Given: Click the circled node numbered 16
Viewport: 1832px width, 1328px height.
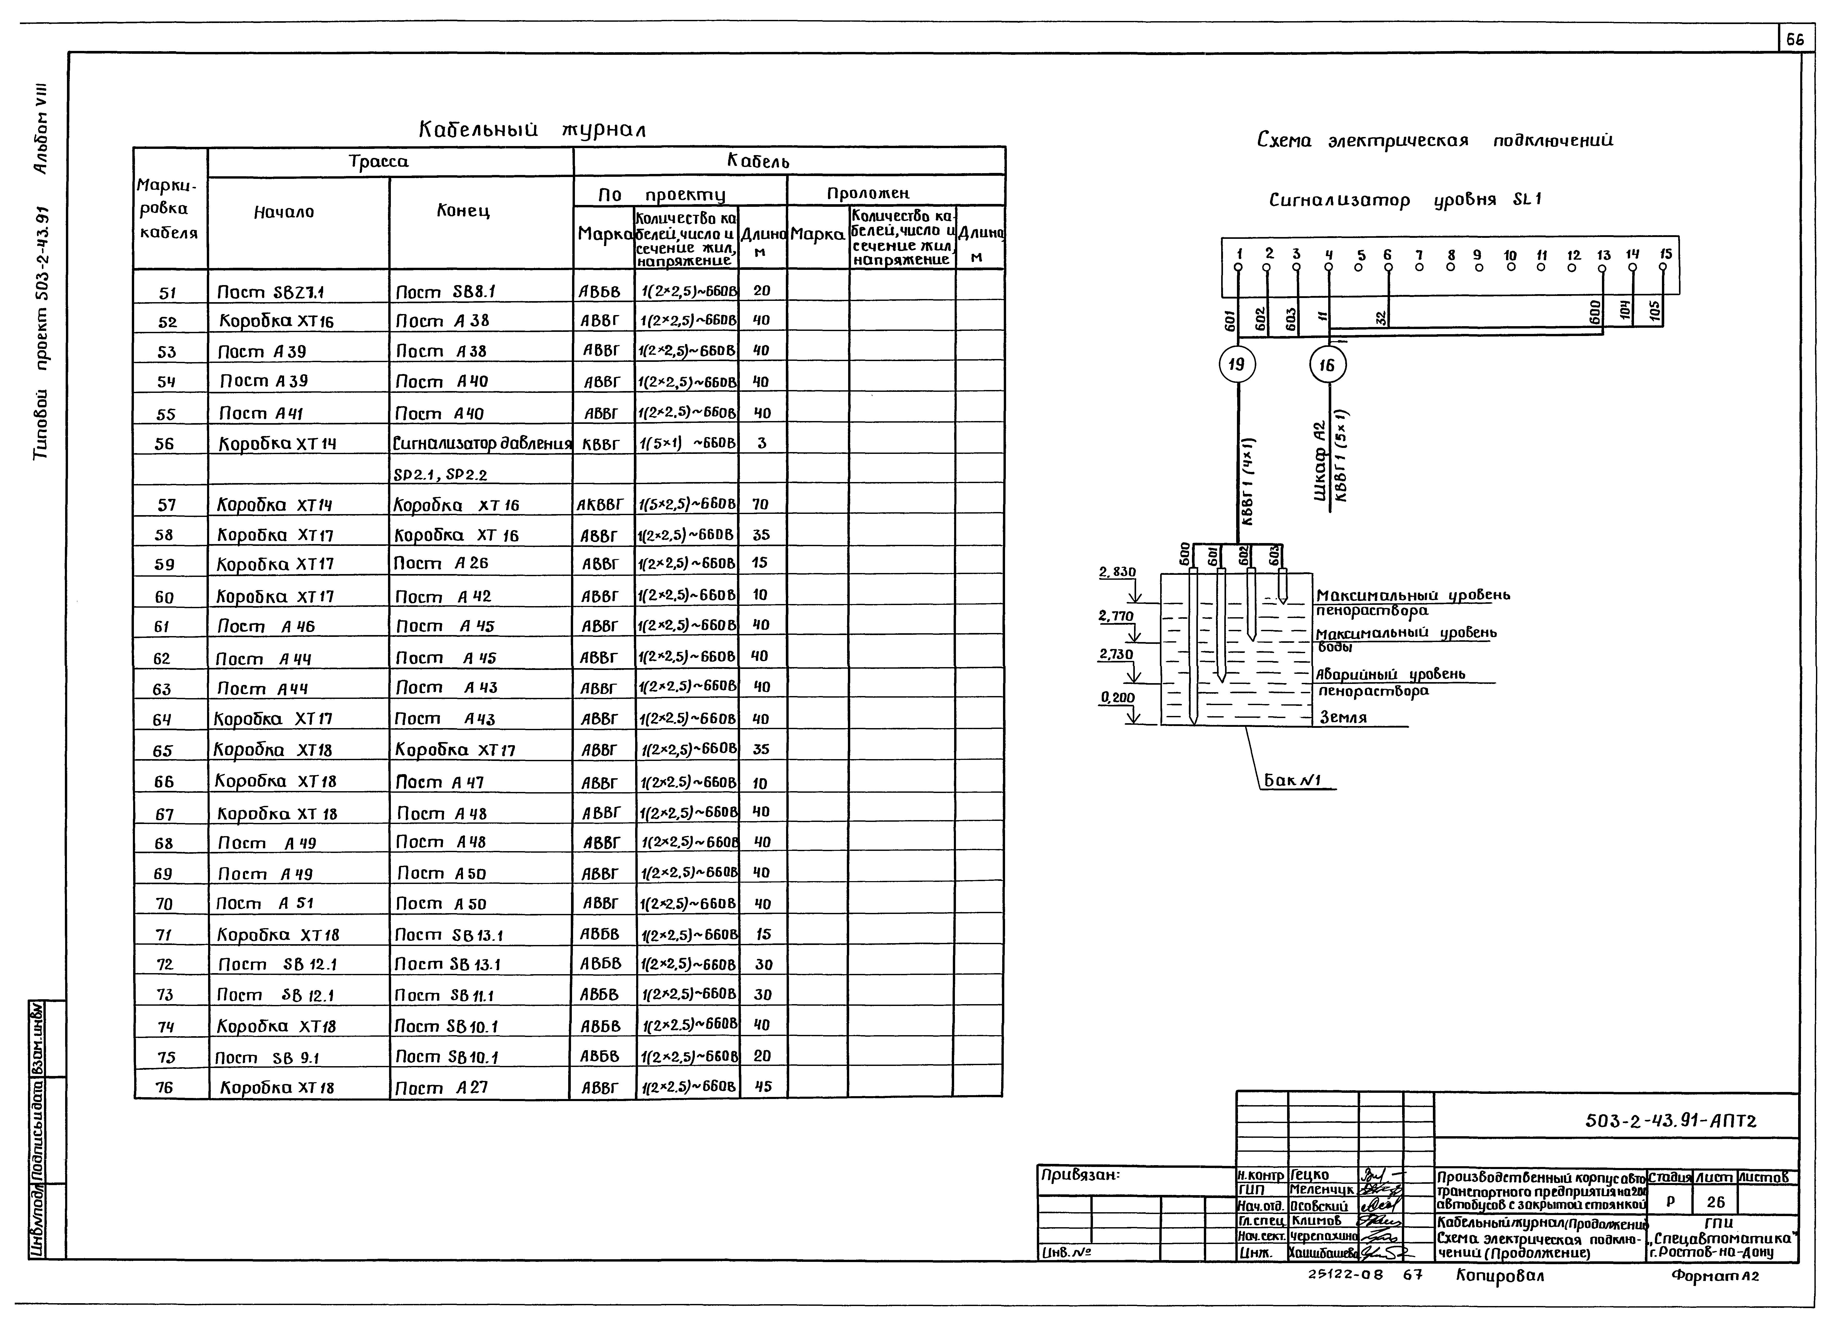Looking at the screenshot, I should coord(1327,365).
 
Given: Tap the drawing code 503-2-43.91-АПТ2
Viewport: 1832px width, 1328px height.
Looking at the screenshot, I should coord(1670,1120).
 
